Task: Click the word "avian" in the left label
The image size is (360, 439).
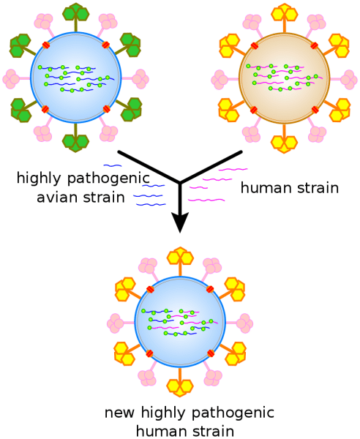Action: click(x=56, y=198)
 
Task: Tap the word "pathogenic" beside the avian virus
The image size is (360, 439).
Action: click(x=108, y=179)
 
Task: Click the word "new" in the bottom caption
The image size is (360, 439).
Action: click(x=119, y=413)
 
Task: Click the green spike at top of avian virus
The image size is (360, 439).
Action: click(x=75, y=16)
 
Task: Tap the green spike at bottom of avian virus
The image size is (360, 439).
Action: click(x=75, y=138)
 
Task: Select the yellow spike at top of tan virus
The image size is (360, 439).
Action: click(x=284, y=16)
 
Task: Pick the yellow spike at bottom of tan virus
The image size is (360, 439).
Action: click(x=284, y=139)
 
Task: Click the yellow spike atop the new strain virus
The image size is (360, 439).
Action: click(x=180, y=261)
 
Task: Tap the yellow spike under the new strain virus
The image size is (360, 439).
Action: click(x=180, y=382)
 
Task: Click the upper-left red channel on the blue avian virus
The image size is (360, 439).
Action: click(x=46, y=45)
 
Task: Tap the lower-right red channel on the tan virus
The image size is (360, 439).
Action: click(x=315, y=110)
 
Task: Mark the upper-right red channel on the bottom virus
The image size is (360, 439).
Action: click(x=210, y=289)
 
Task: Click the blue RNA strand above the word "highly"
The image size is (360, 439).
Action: click(x=113, y=166)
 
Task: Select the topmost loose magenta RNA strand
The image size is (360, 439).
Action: click(x=233, y=170)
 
